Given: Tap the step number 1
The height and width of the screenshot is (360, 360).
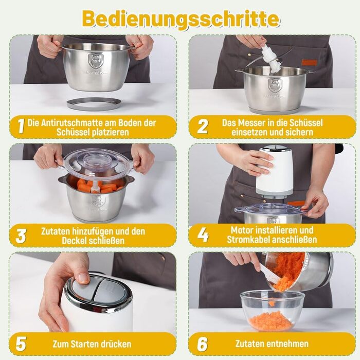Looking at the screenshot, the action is click(x=21, y=126).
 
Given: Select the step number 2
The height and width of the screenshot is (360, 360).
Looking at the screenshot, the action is click(x=203, y=126).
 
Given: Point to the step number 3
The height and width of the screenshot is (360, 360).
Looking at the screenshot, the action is click(x=21, y=236).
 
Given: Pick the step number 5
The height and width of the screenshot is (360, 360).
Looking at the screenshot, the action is click(x=21, y=344).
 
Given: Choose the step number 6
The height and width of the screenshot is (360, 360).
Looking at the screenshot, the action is click(x=202, y=344).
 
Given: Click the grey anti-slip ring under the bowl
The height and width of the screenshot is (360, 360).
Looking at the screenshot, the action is click(x=94, y=103).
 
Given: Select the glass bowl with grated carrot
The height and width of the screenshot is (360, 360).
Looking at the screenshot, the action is click(x=272, y=311).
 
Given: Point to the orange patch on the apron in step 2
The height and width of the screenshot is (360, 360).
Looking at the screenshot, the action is click(x=309, y=62).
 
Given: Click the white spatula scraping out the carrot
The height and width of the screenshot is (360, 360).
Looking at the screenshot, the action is click(x=268, y=273).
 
